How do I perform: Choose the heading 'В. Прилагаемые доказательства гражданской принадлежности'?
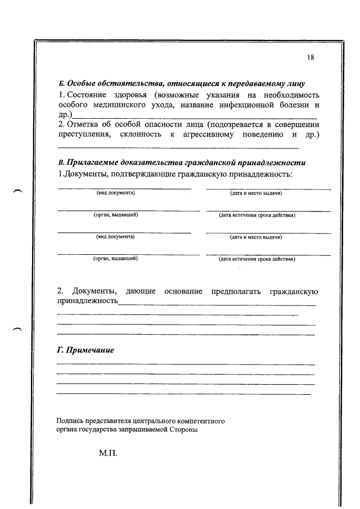point(182,163)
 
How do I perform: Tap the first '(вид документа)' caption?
point(115,193)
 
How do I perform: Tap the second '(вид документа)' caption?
point(115,237)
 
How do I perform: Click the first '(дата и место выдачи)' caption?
point(256,193)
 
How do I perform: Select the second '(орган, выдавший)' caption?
point(115,259)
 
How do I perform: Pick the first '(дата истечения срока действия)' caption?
point(257,215)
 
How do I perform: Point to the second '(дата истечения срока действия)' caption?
point(257,259)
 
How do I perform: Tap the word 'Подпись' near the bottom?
point(69,420)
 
